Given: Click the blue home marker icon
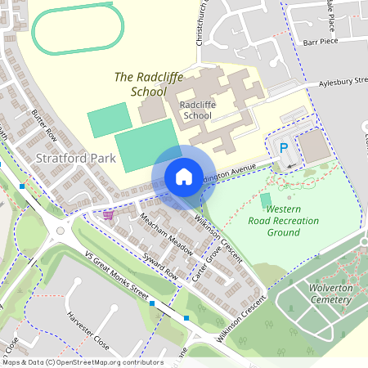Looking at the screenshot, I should (x=184, y=176).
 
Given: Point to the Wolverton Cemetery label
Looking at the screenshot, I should (x=319, y=294).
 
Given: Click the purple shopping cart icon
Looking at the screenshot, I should (x=108, y=215).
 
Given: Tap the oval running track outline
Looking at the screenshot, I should (x=74, y=30).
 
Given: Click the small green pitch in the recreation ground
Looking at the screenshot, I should (x=265, y=200).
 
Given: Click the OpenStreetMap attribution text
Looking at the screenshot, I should (x=82, y=362).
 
